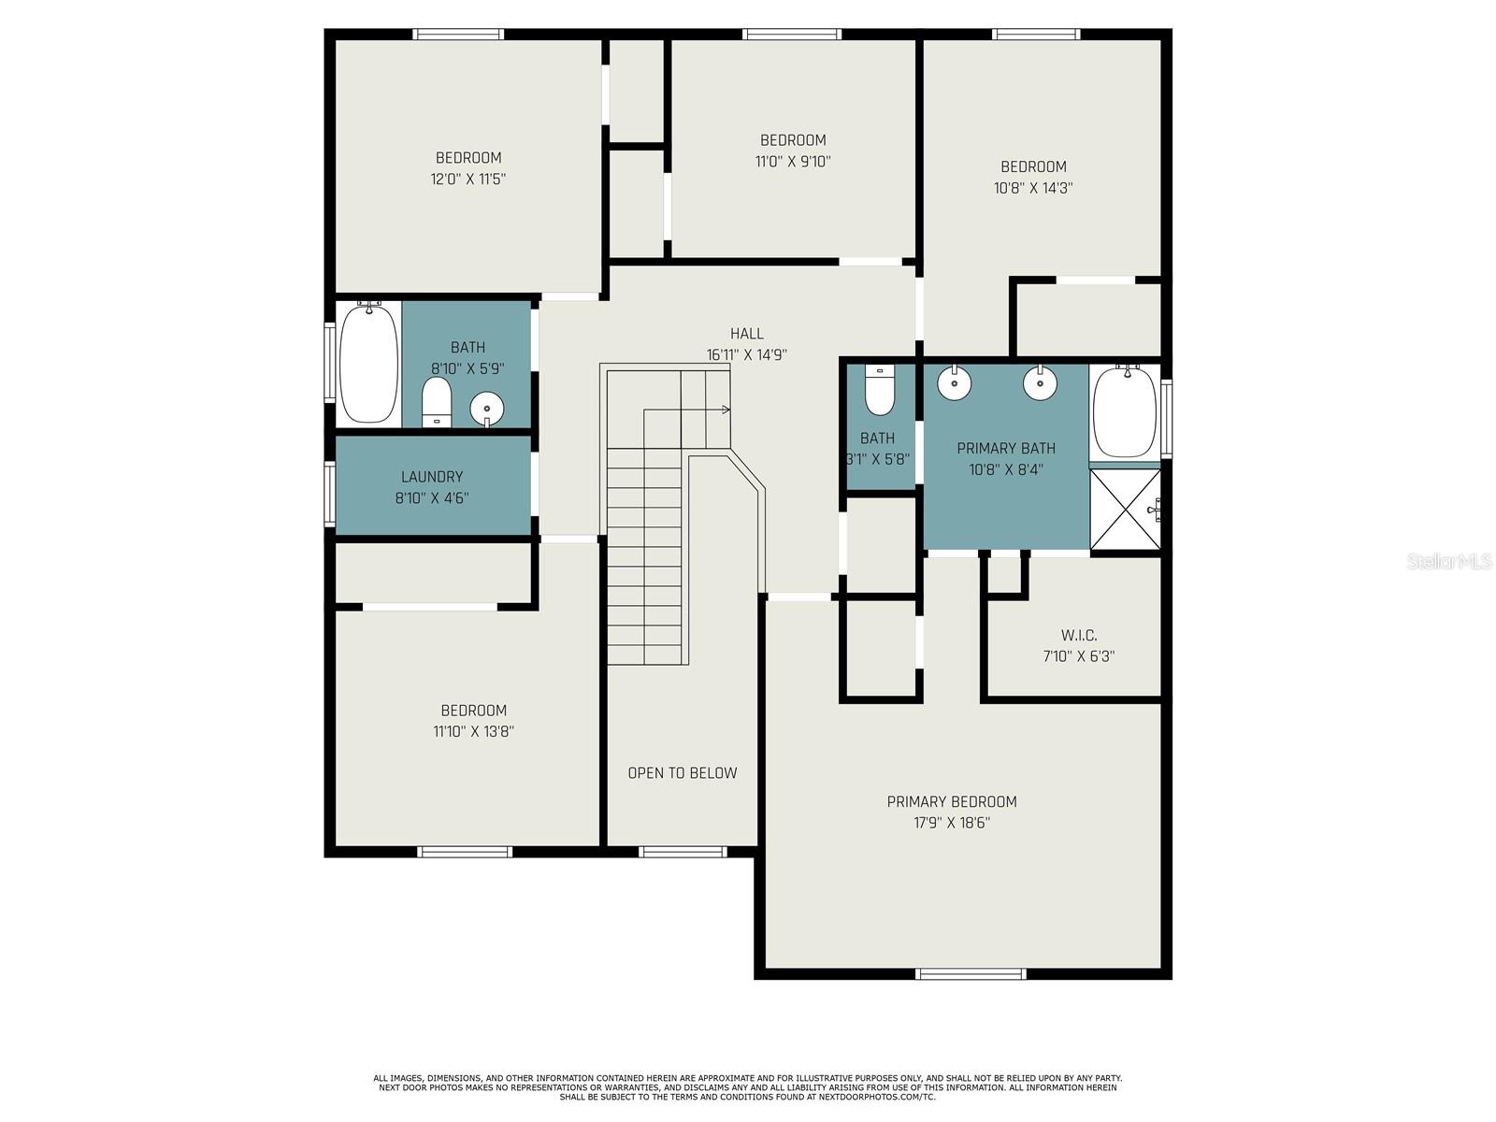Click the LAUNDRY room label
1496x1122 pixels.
click(431, 476)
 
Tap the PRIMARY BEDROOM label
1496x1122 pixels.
click(952, 801)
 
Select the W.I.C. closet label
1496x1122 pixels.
click(1079, 635)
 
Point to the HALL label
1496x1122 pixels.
click(746, 333)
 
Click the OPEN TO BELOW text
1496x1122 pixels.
click(683, 772)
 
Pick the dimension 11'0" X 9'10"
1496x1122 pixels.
click(793, 162)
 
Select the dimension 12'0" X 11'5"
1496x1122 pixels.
click(468, 180)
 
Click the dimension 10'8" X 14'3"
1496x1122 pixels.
click(1033, 188)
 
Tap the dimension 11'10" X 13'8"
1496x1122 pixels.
click(474, 732)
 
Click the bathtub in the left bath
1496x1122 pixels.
click(368, 363)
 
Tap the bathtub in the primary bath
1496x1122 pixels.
click(1125, 411)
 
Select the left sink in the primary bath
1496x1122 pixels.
click(955, 382)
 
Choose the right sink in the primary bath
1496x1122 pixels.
click(1040, 382)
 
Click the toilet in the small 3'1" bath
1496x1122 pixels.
click(879, 390)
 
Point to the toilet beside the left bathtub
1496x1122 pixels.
click(437, 403)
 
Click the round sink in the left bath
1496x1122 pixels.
click(486, 409)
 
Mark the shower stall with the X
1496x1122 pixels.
click(1125, 509)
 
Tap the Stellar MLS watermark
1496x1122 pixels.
click(1449, 562)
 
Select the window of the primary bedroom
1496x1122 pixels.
click(971, 974)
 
